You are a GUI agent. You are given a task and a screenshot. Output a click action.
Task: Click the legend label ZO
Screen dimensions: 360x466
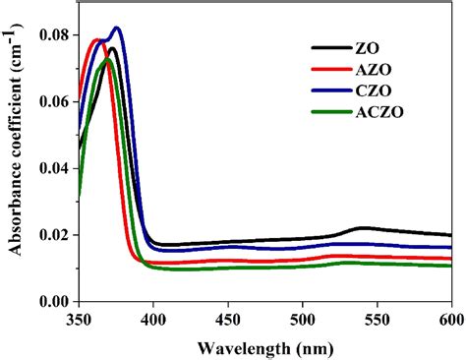(x=363, y=46)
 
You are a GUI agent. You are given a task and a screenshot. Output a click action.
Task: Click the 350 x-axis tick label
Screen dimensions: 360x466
(x=79, y=320)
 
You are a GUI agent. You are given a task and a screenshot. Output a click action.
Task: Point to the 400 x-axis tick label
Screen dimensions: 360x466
(x=153, y=320)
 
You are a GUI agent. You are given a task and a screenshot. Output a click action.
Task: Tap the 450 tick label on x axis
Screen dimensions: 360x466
(x=228, y=320)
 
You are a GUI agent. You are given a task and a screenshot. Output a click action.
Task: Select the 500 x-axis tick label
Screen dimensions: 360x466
(x=303, y=320)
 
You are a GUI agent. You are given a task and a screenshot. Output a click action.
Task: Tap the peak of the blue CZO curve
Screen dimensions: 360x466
(x=117, y=28)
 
